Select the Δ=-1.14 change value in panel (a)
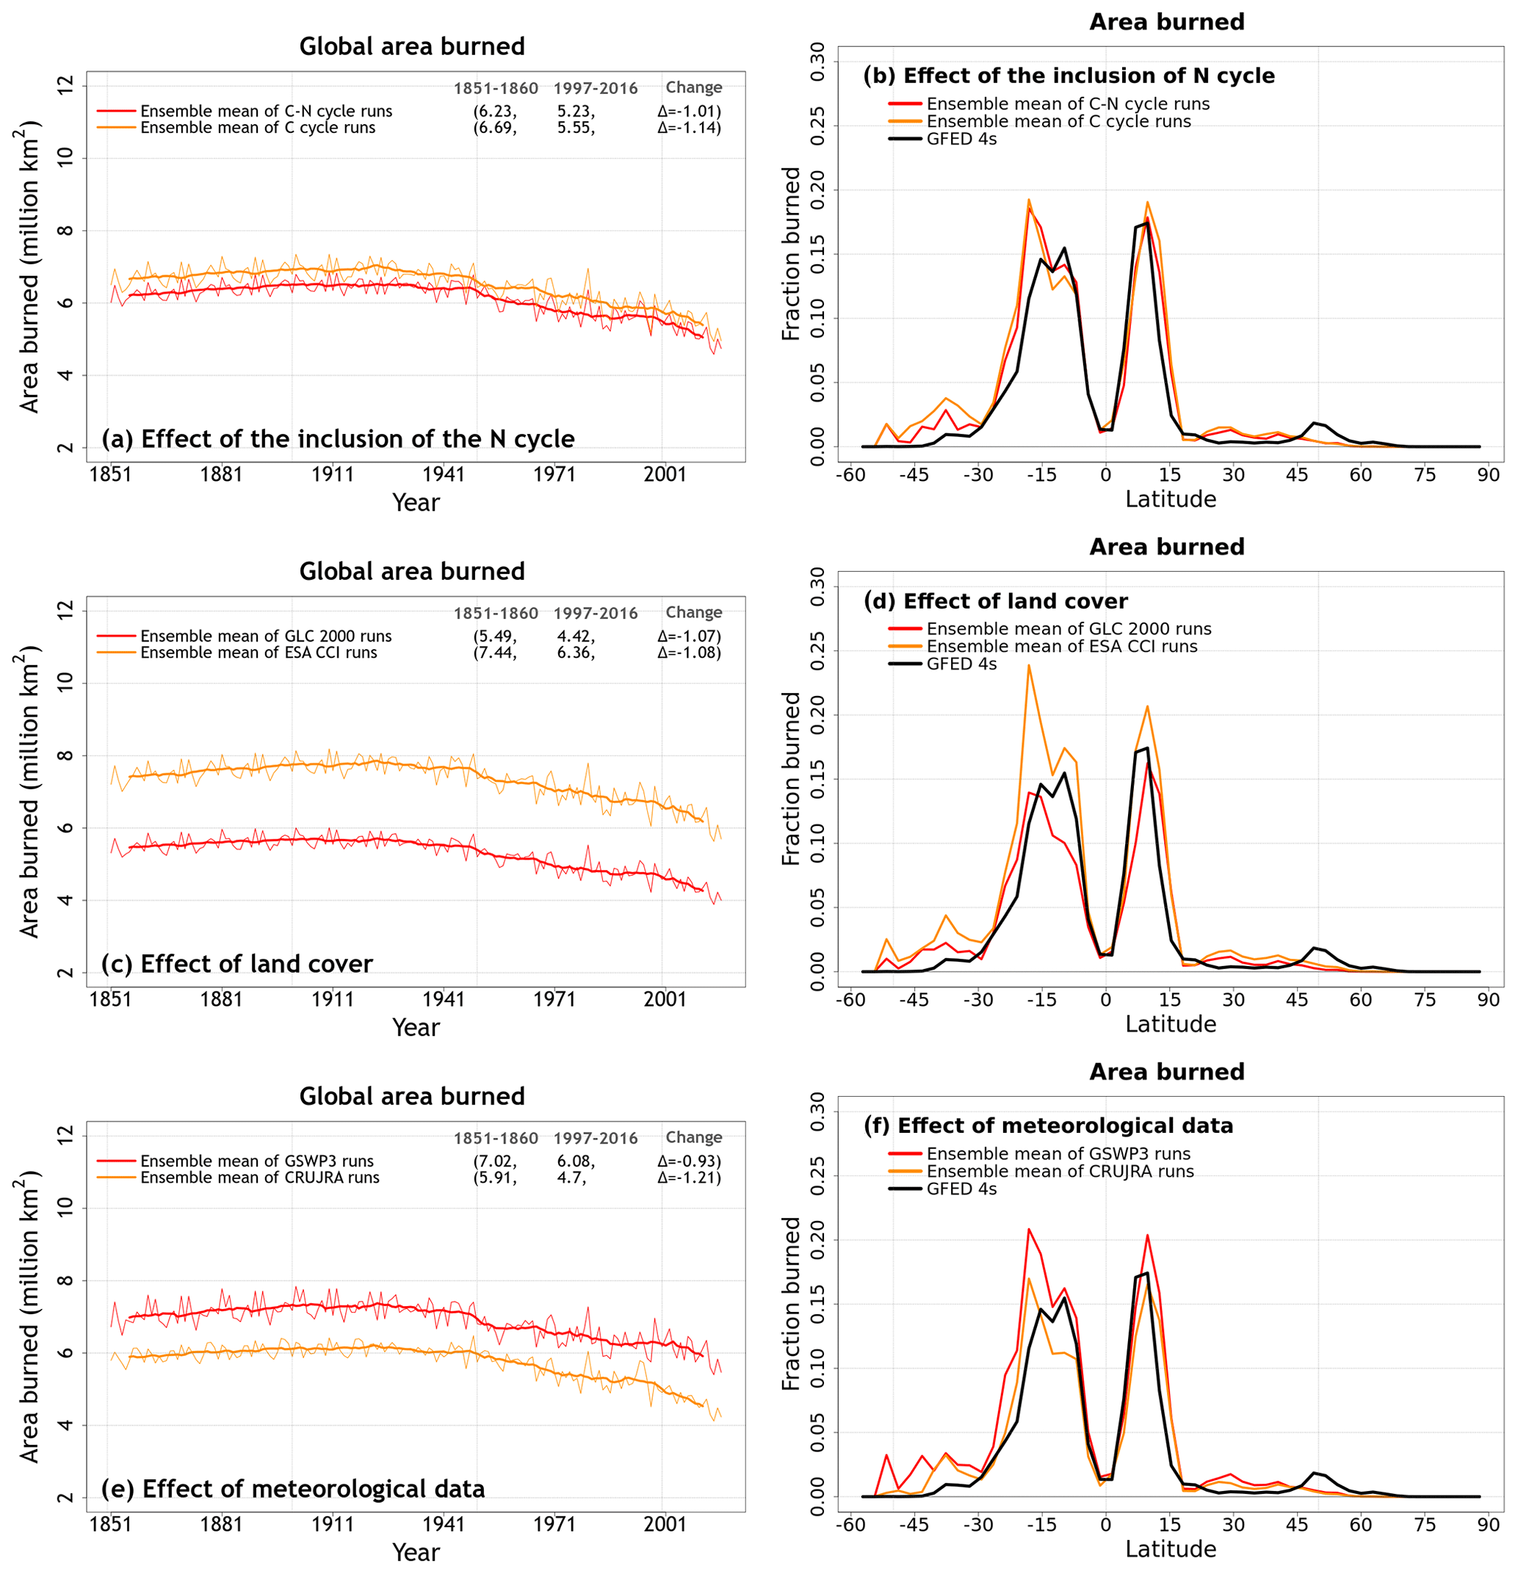pyautogui.click(x=689, y=128)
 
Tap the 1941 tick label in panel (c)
pyautogui.click(x=444, y=999)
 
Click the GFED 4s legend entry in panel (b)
pyautogui.click(x=961, y=139)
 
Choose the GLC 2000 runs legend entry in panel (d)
pyautogui.click(x=1069, y=629)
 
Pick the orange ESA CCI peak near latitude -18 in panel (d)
pyautogui.click(x=1028, y=666)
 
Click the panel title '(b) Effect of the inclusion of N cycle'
pyautogui.click(x=1069, y=76)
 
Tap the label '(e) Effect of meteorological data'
pyautogui.click(x=293, y=1489)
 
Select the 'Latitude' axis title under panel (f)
pyautogui.click(x=1170, y=1549)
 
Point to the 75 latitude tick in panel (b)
pyautogui.click(x=1424, y=474)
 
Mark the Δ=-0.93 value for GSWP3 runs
pyautogui.click(x=689, y=1161)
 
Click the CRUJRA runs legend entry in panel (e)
pyautogui.click(x=259, y=1178)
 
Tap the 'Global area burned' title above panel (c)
pyautogui.click(x=412, y=571)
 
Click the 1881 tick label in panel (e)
pyautogui.click(x=222, y=1524)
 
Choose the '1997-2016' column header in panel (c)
pyautogui.click(x=595, y=614)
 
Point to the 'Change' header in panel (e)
pyautogui.click(x=693, y=1137)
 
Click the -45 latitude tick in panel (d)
pyautogui.click(x=914, y=1000)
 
